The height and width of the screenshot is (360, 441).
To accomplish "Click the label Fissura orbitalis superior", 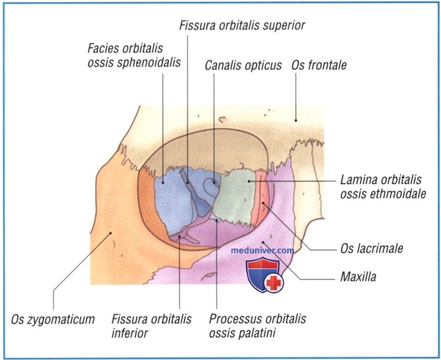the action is (242, 26).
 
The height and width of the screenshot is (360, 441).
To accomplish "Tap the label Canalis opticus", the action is (243, 66).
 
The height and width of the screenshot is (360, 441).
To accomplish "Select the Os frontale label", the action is (319, 65).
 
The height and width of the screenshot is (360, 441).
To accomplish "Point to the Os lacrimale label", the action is (371, 249).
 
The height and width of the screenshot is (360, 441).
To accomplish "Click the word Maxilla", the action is (358, 277).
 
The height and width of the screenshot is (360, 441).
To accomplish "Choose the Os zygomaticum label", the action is (53, 319).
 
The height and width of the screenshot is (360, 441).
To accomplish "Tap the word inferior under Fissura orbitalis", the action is (130, 334).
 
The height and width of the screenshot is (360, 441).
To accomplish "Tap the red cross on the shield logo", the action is (273, 283).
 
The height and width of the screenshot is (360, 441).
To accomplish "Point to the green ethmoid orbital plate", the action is (234, 196).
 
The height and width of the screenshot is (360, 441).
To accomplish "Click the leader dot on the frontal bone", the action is (295, 120).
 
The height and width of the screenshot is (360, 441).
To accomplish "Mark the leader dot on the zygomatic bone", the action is (111, 233).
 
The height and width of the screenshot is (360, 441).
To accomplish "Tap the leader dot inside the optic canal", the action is (214, 182).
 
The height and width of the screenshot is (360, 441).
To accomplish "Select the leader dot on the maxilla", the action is (263, 242).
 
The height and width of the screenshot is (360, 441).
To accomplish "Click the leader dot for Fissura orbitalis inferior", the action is (179, 236).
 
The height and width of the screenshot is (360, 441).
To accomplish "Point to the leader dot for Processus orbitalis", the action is (216, 220).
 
